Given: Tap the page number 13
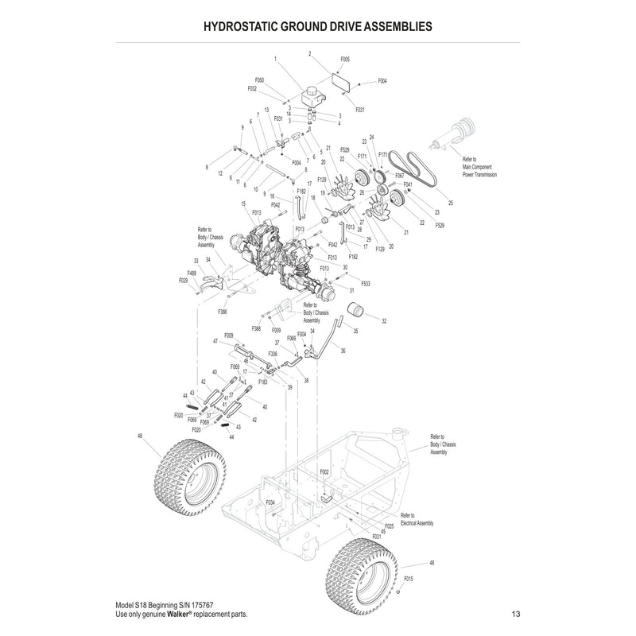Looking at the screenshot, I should [516, 615].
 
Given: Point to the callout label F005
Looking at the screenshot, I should [344, 60].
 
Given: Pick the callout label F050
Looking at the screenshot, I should [259, 80].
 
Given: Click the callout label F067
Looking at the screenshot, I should [399, 175].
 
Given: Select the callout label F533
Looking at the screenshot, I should [366, 283].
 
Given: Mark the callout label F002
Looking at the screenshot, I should [324, 471].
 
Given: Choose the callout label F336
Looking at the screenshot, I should [273, 353].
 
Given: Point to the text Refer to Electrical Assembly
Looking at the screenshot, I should [417, 519].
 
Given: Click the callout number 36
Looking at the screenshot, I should [342, 351].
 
